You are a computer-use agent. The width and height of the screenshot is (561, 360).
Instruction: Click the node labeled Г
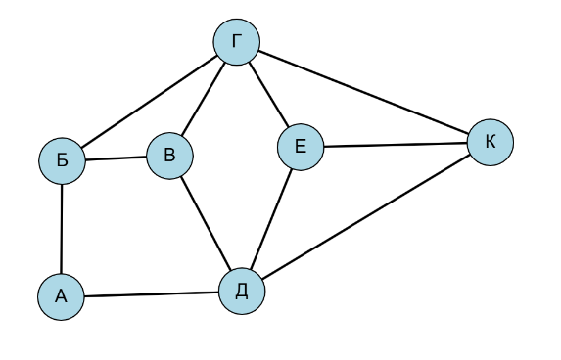pyautogui.click(x=237, y=42)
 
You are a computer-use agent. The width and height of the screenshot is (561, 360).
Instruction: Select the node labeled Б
pyautogui.click(x=63, y=160)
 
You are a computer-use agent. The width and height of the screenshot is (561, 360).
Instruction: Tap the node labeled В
pyautogui.click(x=170, y=156)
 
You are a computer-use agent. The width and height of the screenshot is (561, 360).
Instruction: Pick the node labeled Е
pyautogui.click(x=301, y=147)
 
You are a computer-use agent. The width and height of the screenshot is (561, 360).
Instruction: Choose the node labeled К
pyautogui.click(x=491, y=142)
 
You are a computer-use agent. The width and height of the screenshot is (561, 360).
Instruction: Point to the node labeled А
pyautogui.click(x=61, y=296)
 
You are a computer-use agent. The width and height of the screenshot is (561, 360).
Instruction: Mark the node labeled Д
pyautogui.click(x=242, y=292)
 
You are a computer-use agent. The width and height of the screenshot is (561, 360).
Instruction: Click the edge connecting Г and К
pyautogui.click(x=363, y=92)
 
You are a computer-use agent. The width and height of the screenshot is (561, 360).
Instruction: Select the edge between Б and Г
pyautogui.click(x=150, y=101)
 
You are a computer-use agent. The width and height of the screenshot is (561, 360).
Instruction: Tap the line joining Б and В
pyautogui.click(x=117, y=158)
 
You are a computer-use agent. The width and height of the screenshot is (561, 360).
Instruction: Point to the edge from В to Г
pyautogui.click(x=204, y=99)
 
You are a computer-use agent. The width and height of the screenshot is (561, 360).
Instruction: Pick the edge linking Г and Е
pyautogui.click(x=268, y=94)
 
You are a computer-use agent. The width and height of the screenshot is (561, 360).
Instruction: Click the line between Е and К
pyautogui.click(x=396, y=145)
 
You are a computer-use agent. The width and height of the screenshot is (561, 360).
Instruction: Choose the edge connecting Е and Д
pyautogui.click(x=271, y=219)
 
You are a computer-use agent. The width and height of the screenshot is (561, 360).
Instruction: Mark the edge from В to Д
pyautogui.click(x=206, y=223)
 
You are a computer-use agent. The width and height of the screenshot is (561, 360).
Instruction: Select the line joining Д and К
pyautogui.click(x=366, y=216)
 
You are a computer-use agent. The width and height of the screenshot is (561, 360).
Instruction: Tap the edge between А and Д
pyautogui.click(x=152, y=294)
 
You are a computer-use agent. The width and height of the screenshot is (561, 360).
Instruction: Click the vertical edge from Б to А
pyautogui.click(x=62, y=229)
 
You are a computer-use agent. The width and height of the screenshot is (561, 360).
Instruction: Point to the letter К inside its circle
pyautogui.click(x=491, y=142)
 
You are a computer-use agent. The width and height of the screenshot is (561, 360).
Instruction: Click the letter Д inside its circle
pyautogui.click(x=242, y=291)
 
